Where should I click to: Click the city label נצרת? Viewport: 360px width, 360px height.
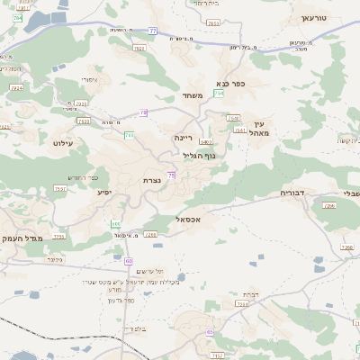point(151,181)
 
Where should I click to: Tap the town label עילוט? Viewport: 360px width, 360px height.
point(63,143)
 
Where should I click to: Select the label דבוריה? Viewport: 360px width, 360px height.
point(294,193)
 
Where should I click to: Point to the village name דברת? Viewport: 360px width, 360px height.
point(249,294)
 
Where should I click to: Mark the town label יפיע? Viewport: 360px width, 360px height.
point(104,192)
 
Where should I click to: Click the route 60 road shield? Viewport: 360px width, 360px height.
point(129,260)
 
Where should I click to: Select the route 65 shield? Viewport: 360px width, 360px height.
point(210,332)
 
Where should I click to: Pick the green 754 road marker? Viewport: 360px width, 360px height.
point(219,94)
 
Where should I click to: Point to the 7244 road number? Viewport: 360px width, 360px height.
point(242,304)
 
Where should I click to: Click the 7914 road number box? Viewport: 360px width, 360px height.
point(16,88)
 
